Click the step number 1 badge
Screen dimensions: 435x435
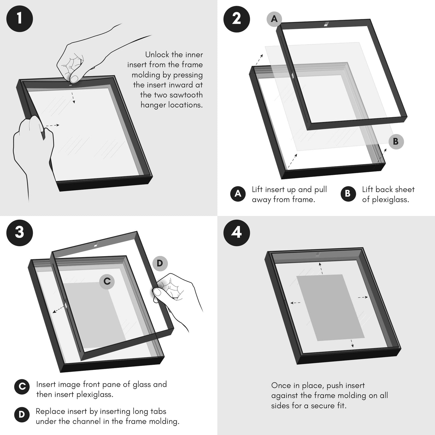click(x=20, y=18)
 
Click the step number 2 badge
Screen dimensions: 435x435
click(x=237, y=18)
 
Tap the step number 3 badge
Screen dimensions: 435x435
click(x=20, y=232)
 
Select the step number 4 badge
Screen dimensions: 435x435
click(x=237, y=232)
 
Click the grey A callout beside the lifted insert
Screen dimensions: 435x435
click(x=274, y=19)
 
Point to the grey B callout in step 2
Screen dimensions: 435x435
click(x=396, y=141)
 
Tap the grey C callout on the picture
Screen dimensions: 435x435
click(x=107, y=281)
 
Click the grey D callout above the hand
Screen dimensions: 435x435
click(x=160, y=263)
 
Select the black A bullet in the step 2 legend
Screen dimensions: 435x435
click(x=238, y=194)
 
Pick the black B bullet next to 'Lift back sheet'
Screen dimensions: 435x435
click(x=348, y=194)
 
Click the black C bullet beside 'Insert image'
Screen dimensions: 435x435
click(x=22, y=387)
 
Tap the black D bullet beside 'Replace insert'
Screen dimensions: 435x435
click(x=22, y=415)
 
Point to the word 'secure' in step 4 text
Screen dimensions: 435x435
click(x=322, y=405)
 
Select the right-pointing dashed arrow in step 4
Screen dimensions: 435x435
click(x=363, y=297)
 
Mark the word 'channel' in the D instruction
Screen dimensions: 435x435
click(x=87, y=421)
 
